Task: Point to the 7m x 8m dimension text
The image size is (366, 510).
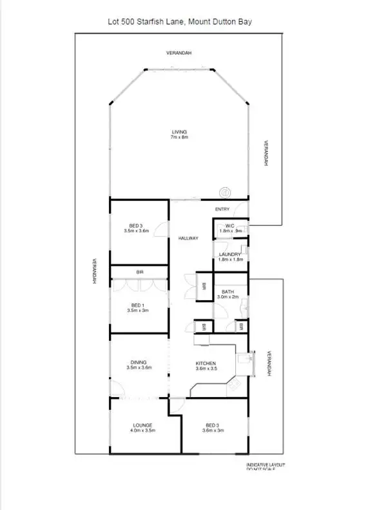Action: [x=178, y=137]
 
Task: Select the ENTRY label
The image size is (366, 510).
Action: [x=222, y=209]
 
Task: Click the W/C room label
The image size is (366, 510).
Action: [x=229, y=225]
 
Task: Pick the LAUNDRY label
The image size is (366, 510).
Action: [x=229, y=254]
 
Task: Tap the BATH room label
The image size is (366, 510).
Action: [x=229, y=292]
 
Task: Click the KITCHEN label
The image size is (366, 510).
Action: [x=206, y=363]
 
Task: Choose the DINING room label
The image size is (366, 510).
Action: [x=137, y=362]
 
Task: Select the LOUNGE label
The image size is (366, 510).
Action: [x=143, y=425]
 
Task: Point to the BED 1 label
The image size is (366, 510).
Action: [x=137, y=305]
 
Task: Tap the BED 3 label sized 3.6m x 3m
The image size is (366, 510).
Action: [x=213, y=425]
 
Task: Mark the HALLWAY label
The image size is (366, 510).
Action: [x=188, y=238]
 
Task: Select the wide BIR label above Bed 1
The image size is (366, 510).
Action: [x=139, y=272]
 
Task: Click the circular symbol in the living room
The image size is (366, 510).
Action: [x=225, y=192]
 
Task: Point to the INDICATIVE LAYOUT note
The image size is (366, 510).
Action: [x=265, y=465]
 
